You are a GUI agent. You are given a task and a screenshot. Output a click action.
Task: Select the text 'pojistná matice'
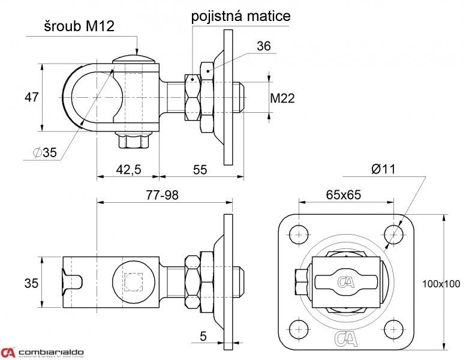click(241, 16)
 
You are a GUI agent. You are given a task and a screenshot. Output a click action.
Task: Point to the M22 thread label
click(282, 98)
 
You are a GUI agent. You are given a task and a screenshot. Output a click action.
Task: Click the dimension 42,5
click(128, 170)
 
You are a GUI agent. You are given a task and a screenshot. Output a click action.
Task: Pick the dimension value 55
click(200, 170)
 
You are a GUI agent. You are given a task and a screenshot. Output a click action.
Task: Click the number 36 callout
click(264, 46)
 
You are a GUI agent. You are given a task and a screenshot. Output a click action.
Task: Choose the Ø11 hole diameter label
click(383, 169)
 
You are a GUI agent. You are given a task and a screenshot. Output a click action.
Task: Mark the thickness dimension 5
click(203, 337)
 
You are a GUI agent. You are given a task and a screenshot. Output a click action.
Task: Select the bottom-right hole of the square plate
click(393, 328)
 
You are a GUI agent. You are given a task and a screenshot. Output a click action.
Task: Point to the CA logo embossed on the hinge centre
click(345, 281)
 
